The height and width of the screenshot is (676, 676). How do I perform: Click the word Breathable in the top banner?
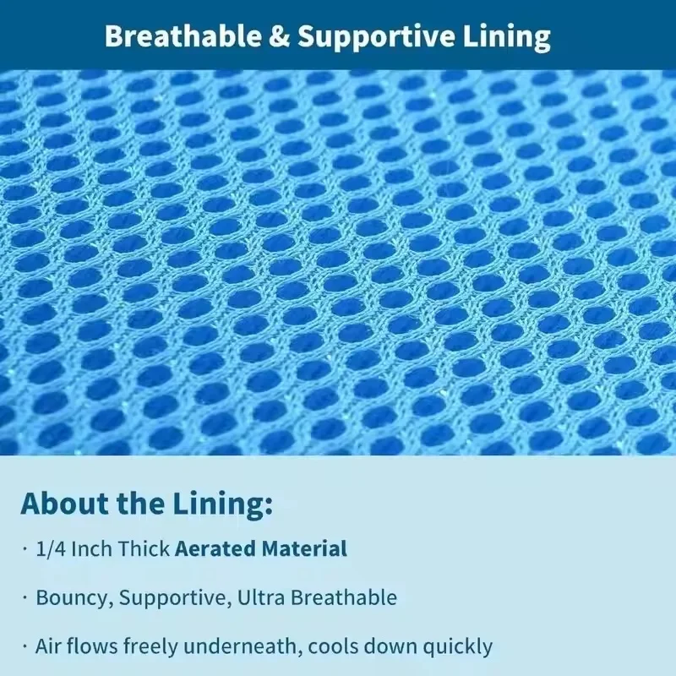coord(183,35)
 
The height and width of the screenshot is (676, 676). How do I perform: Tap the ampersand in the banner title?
coord(279,36)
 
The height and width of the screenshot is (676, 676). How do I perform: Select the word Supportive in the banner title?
coord(376,38)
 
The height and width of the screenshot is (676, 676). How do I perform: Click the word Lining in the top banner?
coord(506,38)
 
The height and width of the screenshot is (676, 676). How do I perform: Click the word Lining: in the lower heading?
coord(223,504)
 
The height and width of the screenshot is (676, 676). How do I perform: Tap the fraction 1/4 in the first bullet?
coord(51,548)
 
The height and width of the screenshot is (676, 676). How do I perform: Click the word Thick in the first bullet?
coord(144,548)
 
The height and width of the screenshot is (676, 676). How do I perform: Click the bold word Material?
coord(304,548)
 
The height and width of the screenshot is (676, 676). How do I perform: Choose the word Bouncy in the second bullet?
coord(74,598)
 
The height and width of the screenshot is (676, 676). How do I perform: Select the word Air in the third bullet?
coord(47,646)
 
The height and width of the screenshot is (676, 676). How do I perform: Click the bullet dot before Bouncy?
coord(25,597)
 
